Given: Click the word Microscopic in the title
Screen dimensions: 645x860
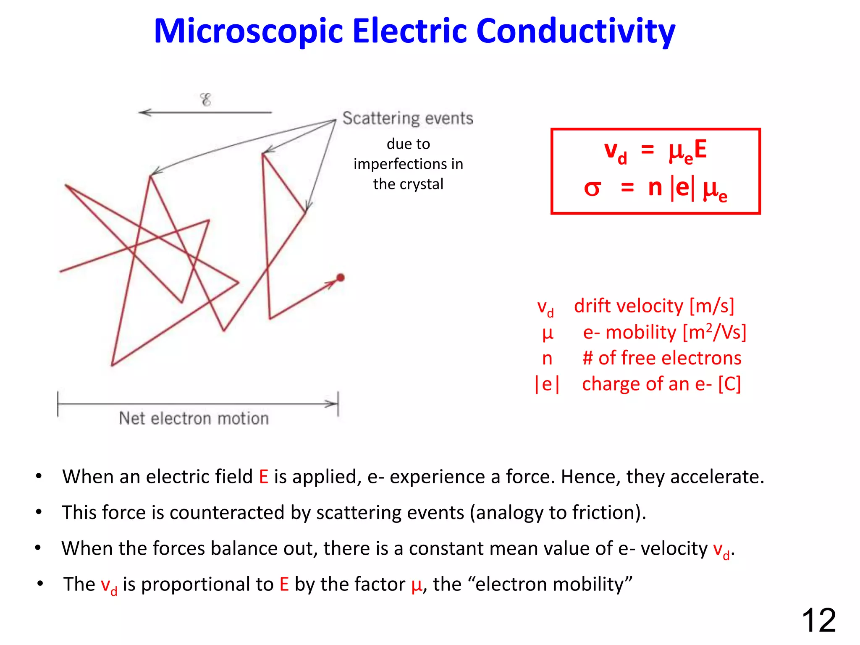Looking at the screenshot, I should (248, 31).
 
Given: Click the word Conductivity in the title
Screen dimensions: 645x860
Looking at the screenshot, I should (576, 31).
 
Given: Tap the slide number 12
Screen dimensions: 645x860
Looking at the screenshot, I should (818, 620).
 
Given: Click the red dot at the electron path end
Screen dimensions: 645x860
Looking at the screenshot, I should (341, 278).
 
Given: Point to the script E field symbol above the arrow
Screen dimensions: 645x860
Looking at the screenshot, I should (205, 100).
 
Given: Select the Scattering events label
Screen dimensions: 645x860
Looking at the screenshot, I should (408, 118).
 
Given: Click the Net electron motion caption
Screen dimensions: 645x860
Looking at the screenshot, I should (194, 419).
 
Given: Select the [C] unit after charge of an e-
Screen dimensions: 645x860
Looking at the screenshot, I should (729, 384).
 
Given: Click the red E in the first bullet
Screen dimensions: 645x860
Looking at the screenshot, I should (264, 477).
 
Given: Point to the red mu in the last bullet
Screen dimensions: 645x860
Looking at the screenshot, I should (417, 585).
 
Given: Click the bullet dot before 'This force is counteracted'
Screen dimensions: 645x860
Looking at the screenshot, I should (39, 512).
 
